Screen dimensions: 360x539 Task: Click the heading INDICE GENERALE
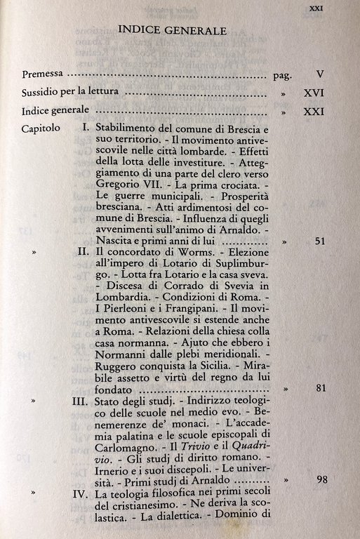172,30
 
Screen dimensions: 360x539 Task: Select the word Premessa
43,73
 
